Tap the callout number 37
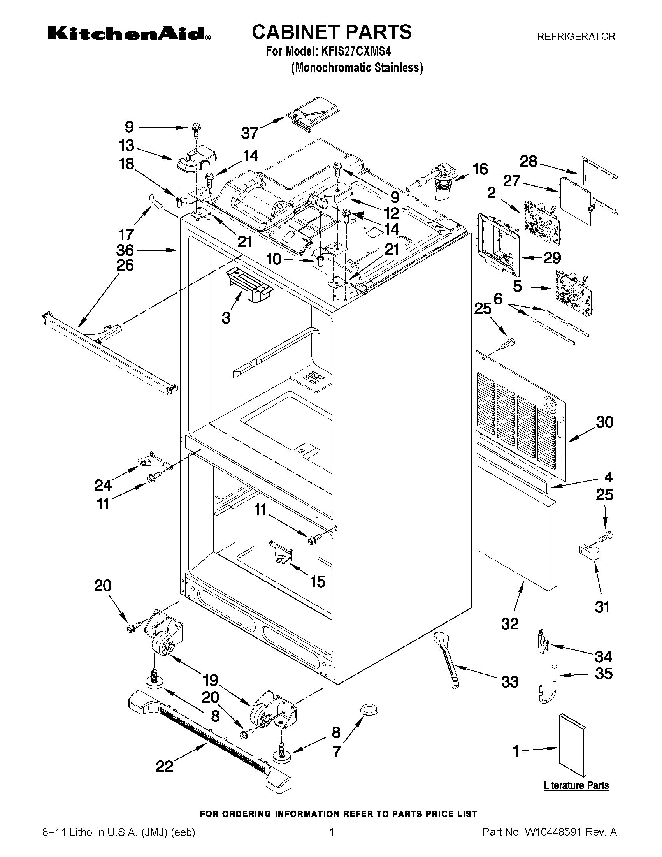click(250, 133)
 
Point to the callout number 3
click(226, 317)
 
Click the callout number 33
click(510, 682)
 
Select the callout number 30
click(604, 422)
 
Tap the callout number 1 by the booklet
click(516, 751)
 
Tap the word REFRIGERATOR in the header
click(576, 37)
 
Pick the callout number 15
click(318, 581)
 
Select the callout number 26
click(125, 266)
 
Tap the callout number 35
click(604, 673)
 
